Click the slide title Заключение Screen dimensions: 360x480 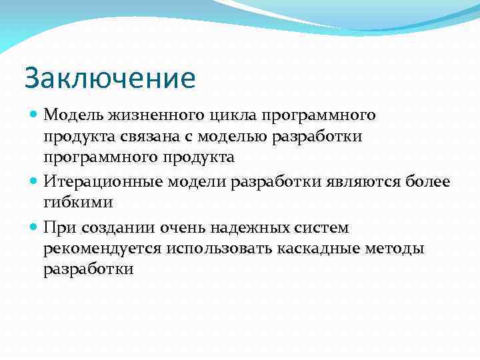pos(110,78)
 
